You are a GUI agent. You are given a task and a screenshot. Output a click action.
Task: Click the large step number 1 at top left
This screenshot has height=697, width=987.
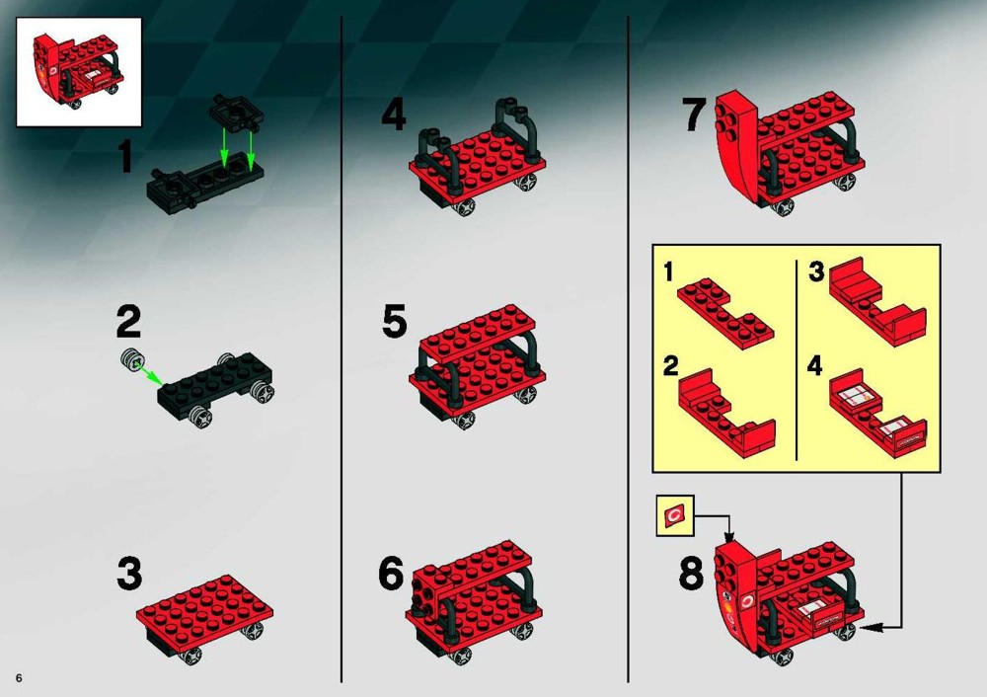[x=126, y=157]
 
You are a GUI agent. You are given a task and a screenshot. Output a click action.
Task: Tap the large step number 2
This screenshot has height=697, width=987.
[x=129, y=322]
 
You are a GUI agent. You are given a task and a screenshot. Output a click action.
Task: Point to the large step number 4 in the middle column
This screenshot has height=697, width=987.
[x=394, y=115]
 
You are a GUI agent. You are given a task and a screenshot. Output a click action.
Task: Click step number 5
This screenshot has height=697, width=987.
[x=395, y=321]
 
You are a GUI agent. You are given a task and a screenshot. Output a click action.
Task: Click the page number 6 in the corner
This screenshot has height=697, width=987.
[x=20, y=678]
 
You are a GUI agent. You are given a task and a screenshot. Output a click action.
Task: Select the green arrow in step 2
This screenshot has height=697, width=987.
[x=150, y=373]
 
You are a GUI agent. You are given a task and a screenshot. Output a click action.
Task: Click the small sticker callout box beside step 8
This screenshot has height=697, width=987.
[x=675, y=515]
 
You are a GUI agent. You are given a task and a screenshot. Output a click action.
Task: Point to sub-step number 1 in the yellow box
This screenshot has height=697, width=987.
[x=668, y=272]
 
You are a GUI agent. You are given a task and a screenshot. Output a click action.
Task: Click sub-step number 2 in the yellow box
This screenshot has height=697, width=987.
[x=671, y=366]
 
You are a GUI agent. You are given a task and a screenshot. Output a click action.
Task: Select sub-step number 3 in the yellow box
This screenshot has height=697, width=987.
[x=816, y=272]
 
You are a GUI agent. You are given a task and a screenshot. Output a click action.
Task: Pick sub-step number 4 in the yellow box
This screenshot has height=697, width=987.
[x=815, y=366]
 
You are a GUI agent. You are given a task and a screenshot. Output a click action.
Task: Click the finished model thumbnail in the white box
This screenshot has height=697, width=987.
[x=79, y=72]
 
